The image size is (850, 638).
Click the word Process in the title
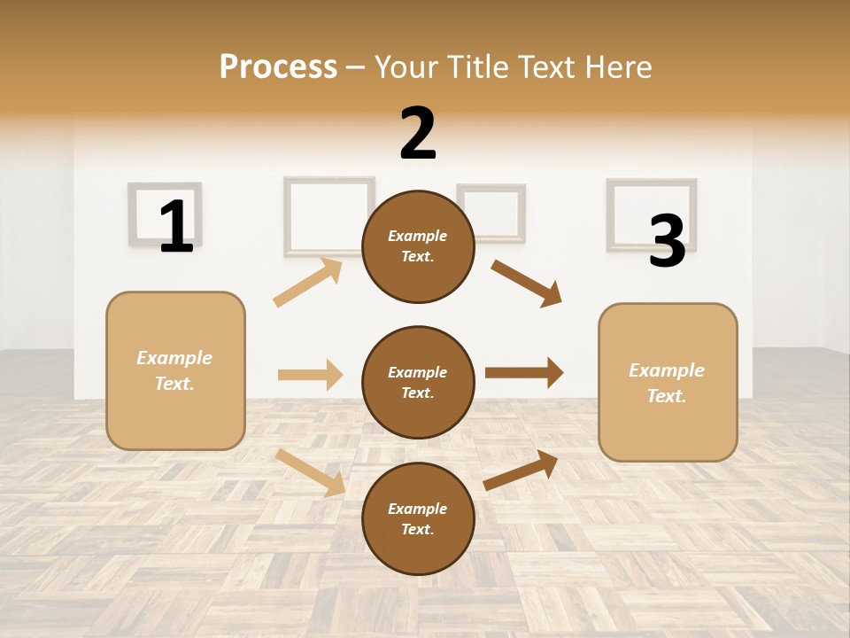click(278, 66)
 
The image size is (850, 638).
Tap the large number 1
click(176, 226)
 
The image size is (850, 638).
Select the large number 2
click(418, 134)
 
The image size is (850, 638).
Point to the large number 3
click(667, 241)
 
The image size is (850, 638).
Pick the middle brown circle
click(418, 382)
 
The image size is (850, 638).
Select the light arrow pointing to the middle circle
click(310, 375)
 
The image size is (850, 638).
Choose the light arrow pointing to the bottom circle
click(310, 472)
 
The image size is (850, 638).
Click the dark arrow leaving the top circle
click(526, 284)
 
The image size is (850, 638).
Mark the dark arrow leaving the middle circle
click(523, 373)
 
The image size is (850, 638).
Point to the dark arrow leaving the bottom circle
click(521, 470)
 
